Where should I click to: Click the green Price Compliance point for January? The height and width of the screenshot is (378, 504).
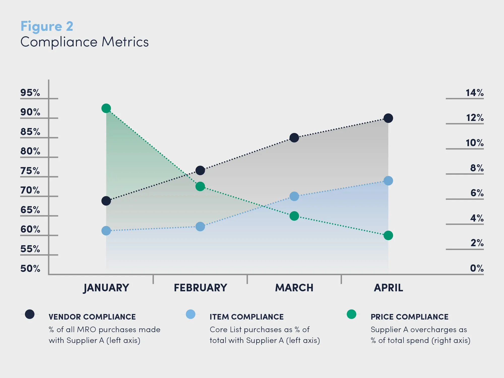pyautogui.click(x=106, y=108)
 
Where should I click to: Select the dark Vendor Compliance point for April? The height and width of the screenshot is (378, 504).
pyautogui.click(x=388, y=118)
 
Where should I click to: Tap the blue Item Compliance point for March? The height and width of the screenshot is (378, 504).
pyautogui.click(x=294, y=196)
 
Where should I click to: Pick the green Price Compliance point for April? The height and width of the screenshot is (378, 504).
pyautogui.click(x=388, y=235)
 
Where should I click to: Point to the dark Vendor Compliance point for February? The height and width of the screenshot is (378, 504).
pyautogui.click(x=200, y=170)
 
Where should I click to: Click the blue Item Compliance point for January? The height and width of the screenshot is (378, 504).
pyautogui.click(x=106, y=231)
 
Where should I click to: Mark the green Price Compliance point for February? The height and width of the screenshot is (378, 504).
pyautogui.click(x=200, y=186)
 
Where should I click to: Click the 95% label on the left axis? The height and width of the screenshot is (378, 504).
pyautogui.click(x=30, y=93)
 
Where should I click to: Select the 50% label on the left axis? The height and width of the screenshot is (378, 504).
pyautogui.click(x=30, y=268)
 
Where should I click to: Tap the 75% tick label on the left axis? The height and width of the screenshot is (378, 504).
pyautogui.click(x=30, y=171)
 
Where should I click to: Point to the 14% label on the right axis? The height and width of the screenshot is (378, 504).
pyautogui.click(x=475, y=93)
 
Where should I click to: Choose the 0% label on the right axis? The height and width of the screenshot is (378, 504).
pyautogui.click(x=477, y=268)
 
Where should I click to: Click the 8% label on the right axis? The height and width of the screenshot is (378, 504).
pyautogui.click(x=477, y=168)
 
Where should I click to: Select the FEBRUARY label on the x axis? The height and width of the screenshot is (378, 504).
pyautogui.click(x=201, y=288)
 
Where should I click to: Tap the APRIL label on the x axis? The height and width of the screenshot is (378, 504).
pyautogui.click(x=388, y=288)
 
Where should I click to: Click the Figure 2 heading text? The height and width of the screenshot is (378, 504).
pyautogui.click(x=47, y=26)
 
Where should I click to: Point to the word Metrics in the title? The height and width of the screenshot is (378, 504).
pyautogui.click(x=125, y=42)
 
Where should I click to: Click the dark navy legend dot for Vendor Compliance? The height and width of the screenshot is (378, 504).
pyautogui.click(x=30, y=314)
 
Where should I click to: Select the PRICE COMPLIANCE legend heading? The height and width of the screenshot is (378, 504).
pyautogui.click(x=409, y=317)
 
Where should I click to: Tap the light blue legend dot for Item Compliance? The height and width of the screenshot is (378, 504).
pyautogui.click(x=191, y=314)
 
